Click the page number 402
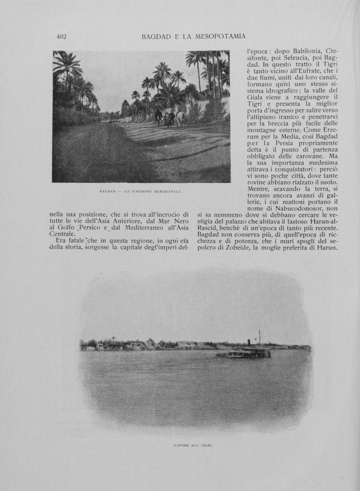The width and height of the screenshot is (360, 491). tap(61, 36)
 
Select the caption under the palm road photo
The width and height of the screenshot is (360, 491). tap(141, 191)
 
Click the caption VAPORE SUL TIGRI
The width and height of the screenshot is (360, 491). tap(196, 446)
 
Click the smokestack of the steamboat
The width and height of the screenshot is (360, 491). tap(249, 343)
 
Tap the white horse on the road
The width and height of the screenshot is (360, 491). tap(180, 118)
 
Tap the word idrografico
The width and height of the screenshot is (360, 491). tap(284, 90)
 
